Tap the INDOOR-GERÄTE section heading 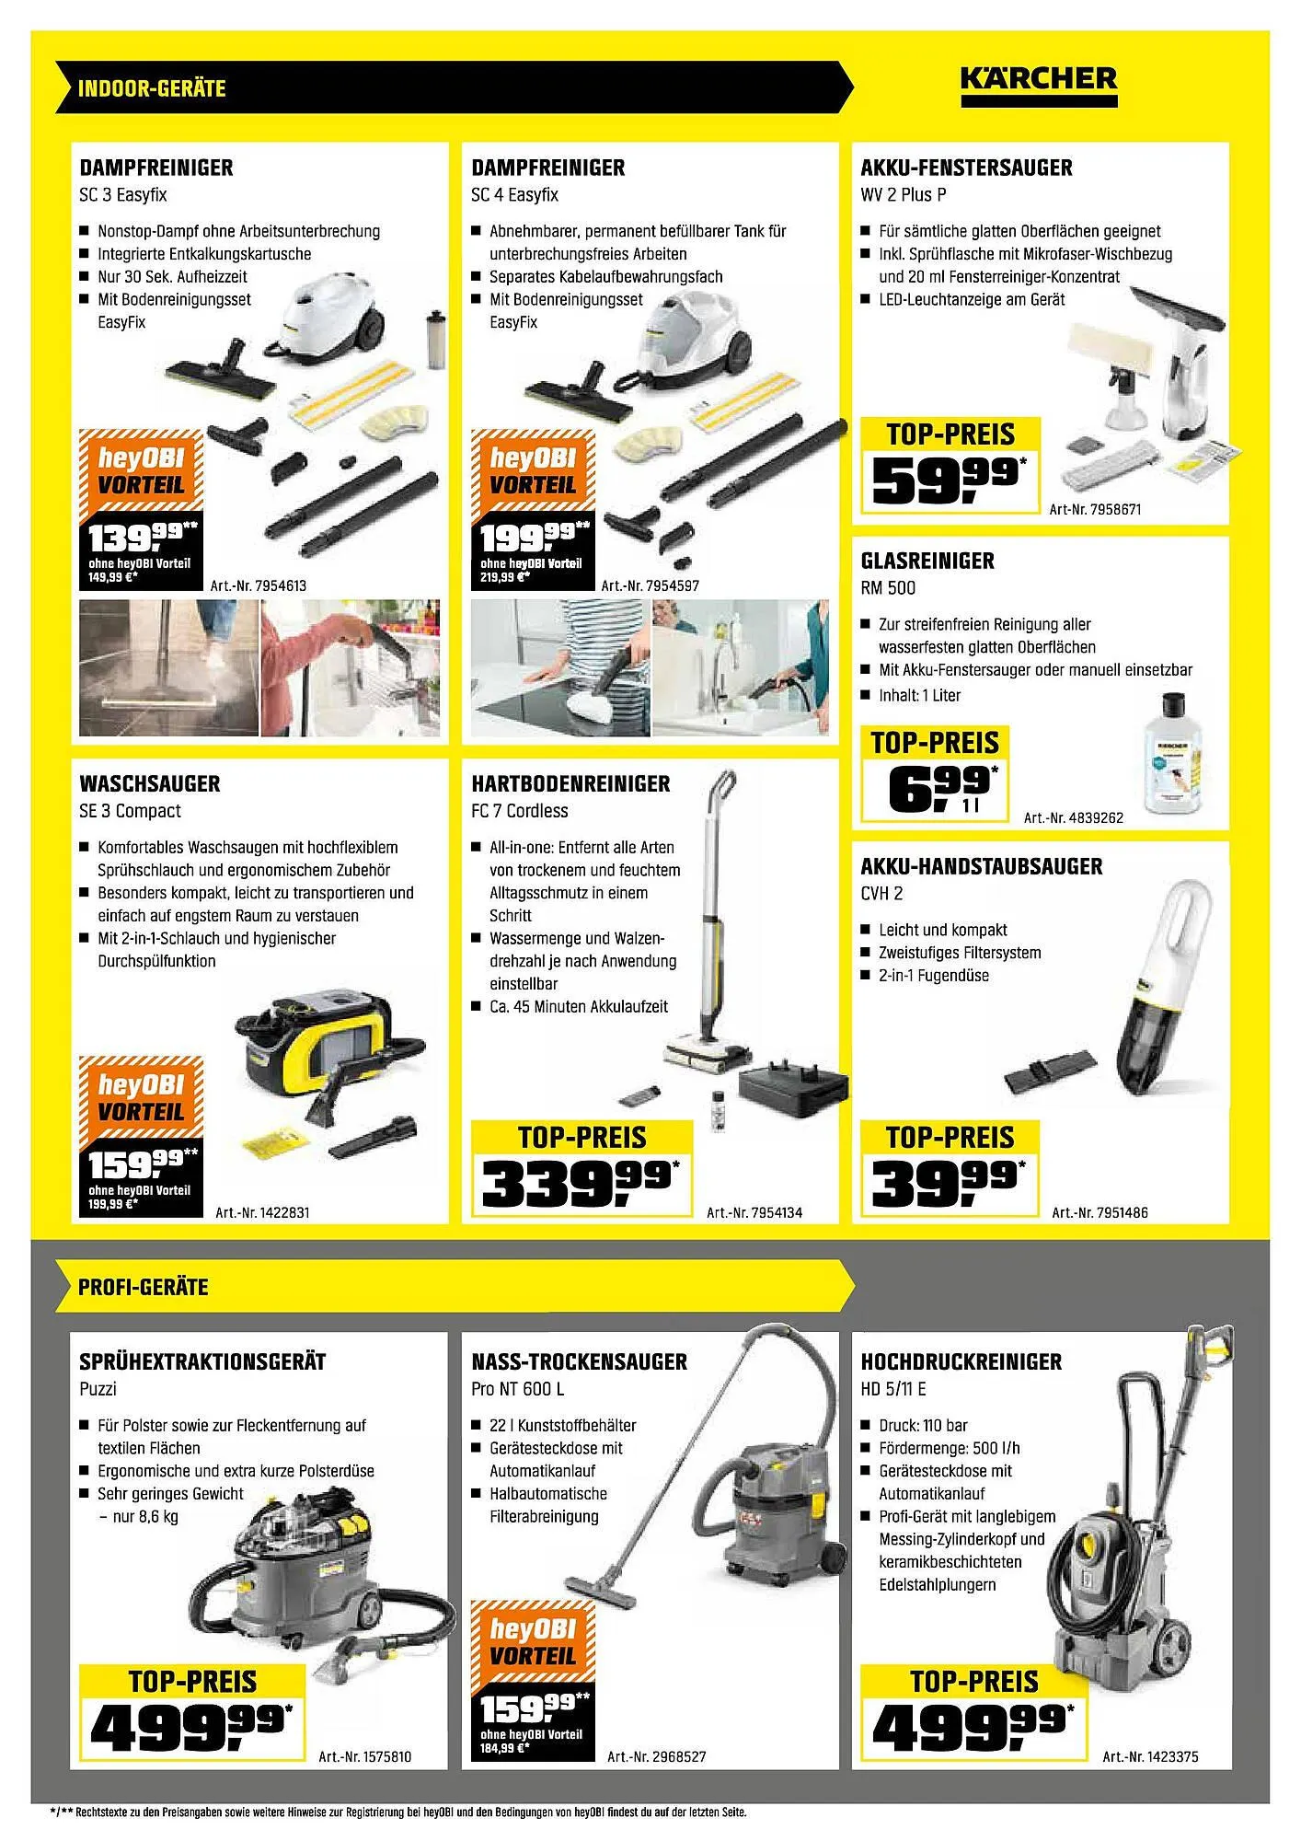coord(152,88)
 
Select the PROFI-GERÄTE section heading coord(144,1286)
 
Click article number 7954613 coord(259,585)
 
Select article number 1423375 coord(1150,1756)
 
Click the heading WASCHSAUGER coord(150,784)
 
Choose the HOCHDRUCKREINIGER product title coord(961,1361)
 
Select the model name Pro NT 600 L coord(517,1389)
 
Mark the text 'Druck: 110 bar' coord(923,1425)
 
